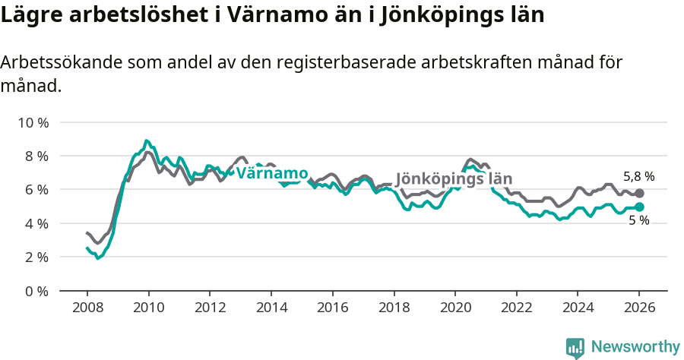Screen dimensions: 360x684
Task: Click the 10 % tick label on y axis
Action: pos(33,122)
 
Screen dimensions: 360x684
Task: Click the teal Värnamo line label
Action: pos(271,173)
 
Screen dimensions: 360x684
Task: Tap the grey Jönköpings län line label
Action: pos(454,179)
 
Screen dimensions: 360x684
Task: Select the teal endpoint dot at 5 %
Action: pos(639,207)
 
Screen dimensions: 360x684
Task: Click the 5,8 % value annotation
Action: pos(638,176)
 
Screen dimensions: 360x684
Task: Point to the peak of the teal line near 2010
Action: pos(146,141)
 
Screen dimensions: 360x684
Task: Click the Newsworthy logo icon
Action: pos(575,347)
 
